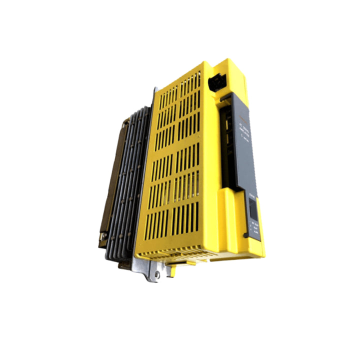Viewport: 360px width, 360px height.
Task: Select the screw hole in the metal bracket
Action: point(157,274)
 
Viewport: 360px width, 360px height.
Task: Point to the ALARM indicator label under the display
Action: point(256,231)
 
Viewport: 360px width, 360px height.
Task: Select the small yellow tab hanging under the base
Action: point(172,270)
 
